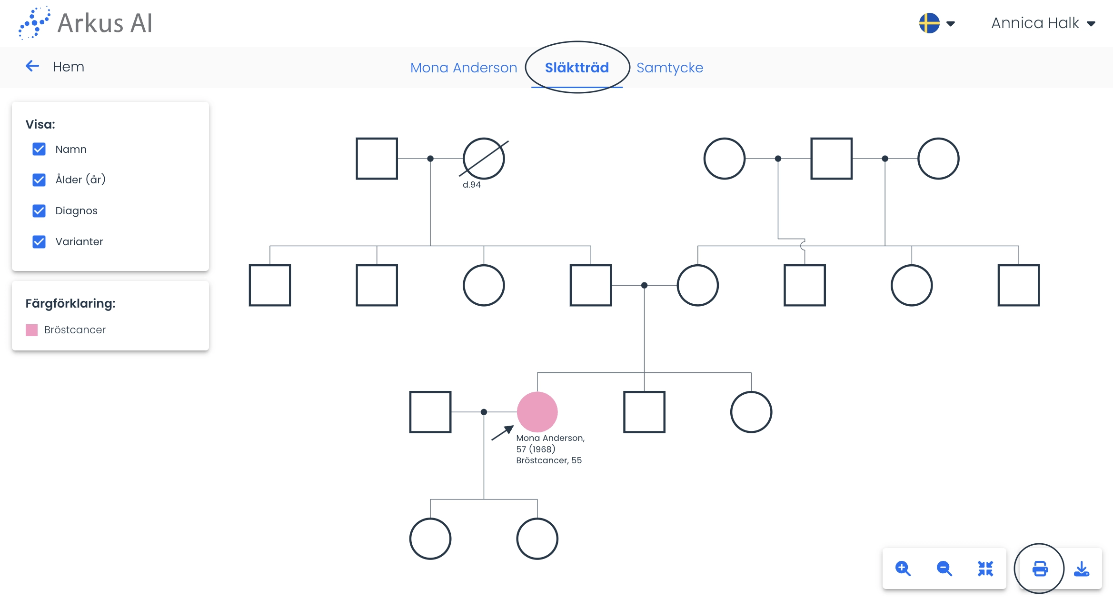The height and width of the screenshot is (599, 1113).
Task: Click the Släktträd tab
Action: coord(576,68)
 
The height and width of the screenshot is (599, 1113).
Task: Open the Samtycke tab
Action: coord(670,68)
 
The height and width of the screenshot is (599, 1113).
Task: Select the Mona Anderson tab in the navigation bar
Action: coord(464,68)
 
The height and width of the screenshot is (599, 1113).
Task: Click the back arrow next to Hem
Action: coord(32,66)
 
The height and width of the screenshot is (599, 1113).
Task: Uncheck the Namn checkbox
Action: coord(39,149)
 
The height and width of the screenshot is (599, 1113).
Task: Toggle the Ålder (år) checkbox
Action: coord(39,180)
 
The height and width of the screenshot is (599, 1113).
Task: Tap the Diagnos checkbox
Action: coord(39,210)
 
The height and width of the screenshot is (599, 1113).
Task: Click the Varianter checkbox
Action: coord(39,241)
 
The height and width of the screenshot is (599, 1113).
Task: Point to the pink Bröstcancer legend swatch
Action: coord(31,330)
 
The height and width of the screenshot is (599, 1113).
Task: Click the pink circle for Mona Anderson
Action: coord(537,412)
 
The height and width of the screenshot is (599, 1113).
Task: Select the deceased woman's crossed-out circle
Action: coord(484,159)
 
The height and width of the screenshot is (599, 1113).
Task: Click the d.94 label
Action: coord(472,185)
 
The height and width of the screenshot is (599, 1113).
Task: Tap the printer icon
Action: coord(1040,569)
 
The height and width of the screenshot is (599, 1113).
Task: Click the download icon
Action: coord(1082,569)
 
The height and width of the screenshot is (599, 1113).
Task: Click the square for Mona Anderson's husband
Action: coord(430,412)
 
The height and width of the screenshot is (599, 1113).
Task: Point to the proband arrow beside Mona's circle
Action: coord(502,433)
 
